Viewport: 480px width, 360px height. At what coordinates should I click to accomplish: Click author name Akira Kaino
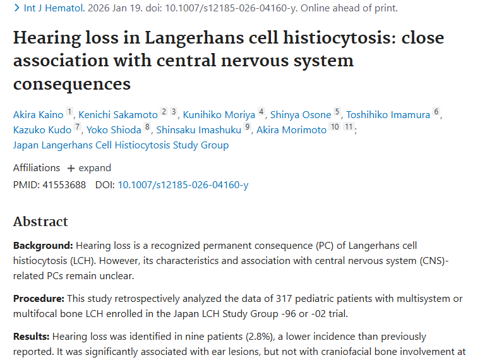(38, 114)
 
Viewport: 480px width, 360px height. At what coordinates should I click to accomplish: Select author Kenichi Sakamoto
(117, 114)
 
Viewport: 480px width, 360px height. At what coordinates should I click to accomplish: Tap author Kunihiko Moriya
(219, 114)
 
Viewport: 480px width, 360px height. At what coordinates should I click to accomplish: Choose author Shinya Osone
(301, 114)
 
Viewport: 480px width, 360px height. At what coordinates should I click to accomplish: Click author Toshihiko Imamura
(388, 114)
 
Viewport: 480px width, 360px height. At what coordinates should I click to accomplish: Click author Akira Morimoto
(291, 129)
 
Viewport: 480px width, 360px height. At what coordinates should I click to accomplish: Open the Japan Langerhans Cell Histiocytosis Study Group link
(121, 145)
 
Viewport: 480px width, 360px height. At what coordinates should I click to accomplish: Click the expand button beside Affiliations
(89, 168)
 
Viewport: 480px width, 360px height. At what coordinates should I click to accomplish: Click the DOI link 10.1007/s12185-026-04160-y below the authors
(183, 185)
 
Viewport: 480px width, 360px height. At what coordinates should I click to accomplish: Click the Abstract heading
(40, 222)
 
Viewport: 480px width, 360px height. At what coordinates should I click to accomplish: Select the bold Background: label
(43, 245)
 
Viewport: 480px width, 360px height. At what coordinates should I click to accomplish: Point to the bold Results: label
(32, 336)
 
